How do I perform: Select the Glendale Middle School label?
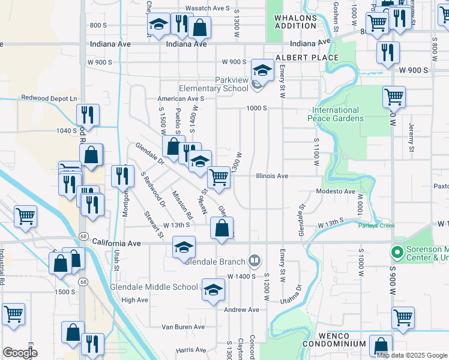[x=154, y=287]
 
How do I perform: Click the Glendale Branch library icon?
[x=255, y=260]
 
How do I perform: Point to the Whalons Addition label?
[x=295, y=22]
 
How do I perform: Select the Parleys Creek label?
[x=376, y=226]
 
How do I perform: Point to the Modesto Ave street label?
[x=337, y=191]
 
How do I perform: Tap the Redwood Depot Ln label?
[x=50, y=98]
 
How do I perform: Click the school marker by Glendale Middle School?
[x=212, y=289]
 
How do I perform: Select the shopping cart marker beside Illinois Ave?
[x=219, y=177]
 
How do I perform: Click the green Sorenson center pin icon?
[x=396, y=252]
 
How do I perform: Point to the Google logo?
[x=20, y=353]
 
